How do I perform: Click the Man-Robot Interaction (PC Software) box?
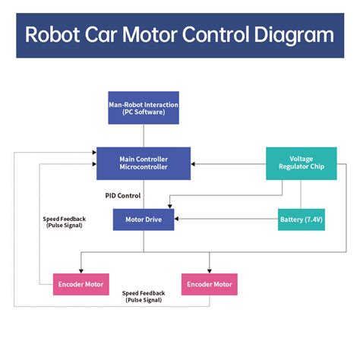144,108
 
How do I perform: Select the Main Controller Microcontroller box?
144,163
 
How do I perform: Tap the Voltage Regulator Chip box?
302,163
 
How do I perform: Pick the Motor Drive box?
144,220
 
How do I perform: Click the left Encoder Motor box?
81,284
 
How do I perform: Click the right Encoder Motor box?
209,284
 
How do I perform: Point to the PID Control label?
124,195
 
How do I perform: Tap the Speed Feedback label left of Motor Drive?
65,222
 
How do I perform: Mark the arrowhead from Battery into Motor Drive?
178,220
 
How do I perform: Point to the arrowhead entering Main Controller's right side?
194,163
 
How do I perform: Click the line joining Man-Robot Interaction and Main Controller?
144,135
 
